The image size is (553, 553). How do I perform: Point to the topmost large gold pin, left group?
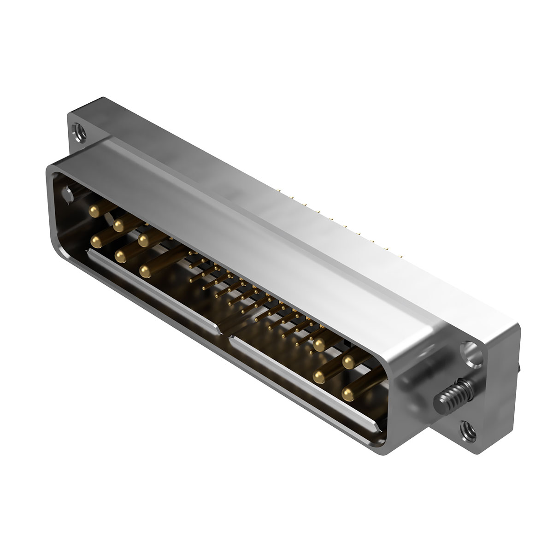coord(94,211)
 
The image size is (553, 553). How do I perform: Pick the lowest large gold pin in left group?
coord(146,272)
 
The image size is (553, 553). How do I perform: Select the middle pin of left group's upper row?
coord(119,225)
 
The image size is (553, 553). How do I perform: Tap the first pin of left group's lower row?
coord(98,241)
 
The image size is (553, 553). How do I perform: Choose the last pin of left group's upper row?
coord(143,240)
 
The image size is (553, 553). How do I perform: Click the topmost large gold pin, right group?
coord(319,343)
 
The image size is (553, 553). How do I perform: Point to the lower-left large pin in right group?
coord(318,377)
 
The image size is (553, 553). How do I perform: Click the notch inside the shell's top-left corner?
coord(68,194)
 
